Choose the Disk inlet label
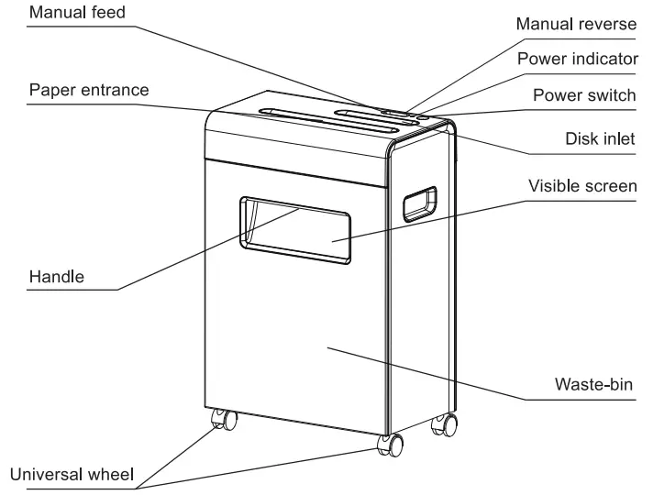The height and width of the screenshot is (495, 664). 602,138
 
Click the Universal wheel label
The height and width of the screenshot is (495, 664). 72,475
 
